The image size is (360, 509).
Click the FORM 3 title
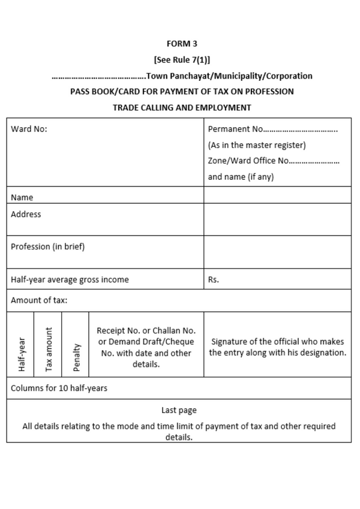182,44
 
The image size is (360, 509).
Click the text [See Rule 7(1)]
182,60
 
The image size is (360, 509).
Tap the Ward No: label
29,129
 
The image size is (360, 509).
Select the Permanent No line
272,129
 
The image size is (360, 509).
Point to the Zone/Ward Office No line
274,161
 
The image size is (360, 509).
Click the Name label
22,197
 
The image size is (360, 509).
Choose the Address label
26,214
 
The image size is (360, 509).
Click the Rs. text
214,279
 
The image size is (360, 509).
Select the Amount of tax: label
39,300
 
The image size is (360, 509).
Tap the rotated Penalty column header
76,357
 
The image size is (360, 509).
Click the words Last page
179,410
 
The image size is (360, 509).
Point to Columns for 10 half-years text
59,388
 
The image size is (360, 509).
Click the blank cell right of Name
277,195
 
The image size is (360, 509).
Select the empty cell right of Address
277,219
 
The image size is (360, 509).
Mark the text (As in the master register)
257,145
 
